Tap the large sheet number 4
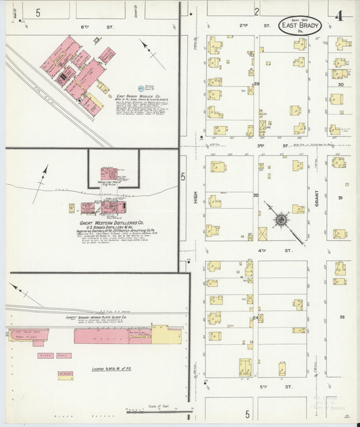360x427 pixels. [338, 15]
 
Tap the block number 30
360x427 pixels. [341, 84]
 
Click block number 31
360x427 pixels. [341, 197]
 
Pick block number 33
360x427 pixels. [342, 316]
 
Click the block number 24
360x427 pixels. [255, 318]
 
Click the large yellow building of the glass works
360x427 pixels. [165, 334]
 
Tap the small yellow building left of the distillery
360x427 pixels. [72, 208]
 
